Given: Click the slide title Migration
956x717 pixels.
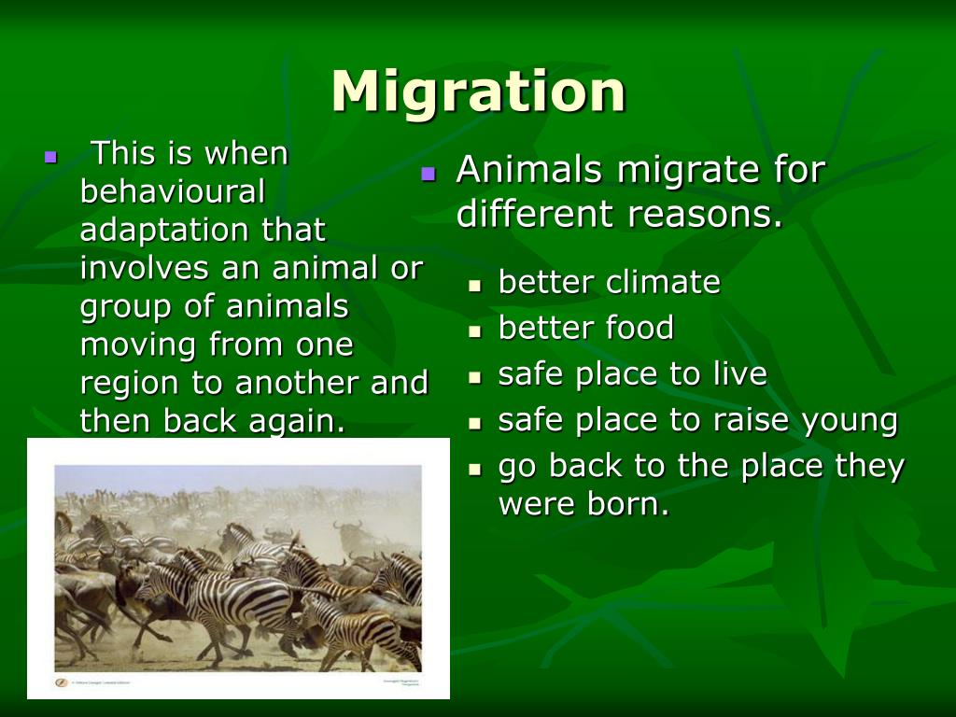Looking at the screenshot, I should [478, 92].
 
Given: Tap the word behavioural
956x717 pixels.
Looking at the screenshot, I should [173, 191].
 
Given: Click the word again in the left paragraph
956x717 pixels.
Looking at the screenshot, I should [296, 422].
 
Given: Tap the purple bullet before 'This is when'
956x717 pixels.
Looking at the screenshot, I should [50, 156].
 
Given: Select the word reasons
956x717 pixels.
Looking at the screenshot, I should [705, 214].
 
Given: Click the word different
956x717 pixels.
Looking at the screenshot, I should [536, 214].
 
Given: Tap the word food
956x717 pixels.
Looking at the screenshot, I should [639, 328].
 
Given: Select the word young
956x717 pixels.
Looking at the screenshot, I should [851, 421].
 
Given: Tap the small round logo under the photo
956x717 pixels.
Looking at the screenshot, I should [62, 682].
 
